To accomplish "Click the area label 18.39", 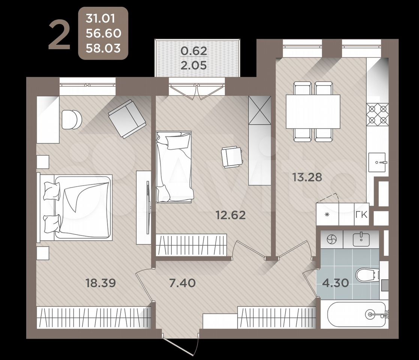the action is tap(101, 283).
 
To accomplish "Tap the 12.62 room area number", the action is tap(231, 215).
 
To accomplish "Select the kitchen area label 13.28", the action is tap(307, 177).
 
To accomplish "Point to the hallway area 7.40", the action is tap(183, 283).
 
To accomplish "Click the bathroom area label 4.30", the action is tap(335, 283).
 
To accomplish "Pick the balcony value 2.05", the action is tap(194, 65).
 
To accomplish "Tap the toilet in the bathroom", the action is tap(368, 275).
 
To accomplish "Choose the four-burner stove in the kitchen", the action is tap(377, 115).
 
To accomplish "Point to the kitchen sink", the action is tap(377, 162).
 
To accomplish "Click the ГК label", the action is tap(362, 214).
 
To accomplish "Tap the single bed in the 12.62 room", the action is tap(174, 167).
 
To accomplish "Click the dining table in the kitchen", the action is tap(313, 112).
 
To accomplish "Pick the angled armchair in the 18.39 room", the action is tap(127, 118).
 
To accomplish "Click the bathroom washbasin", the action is tap(361, 239).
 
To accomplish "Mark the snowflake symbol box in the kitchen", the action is tap(327, 214).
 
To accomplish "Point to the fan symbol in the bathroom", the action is tap(332, 239).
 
